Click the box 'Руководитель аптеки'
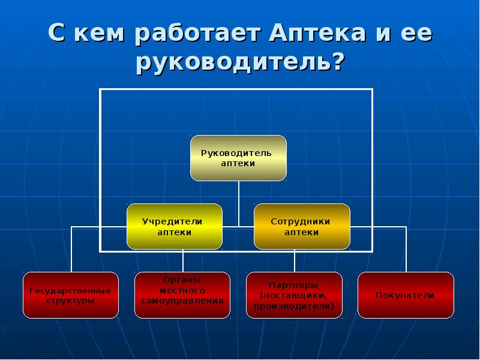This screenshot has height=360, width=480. (x=238, y=158)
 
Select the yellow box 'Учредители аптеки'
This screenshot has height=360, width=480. (x=175, y=226)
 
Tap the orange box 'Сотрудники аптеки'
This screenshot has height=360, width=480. (x=301, y=226)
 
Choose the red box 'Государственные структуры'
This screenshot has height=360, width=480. (x=70, y=295)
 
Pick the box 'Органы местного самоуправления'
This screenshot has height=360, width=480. (x=182, y=295)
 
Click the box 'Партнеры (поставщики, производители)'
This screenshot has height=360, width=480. (x=294, y=295)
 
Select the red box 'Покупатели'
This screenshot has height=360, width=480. (x=405, y=295)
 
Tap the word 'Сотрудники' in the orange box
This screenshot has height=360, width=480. (x=301, y=221)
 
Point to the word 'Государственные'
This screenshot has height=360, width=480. (x=70, y=290)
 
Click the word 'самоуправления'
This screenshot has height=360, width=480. (x=182, y=299)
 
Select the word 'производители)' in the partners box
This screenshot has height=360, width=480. (x=294, y=306)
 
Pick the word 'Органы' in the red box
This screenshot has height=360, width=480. (x=182, y=280)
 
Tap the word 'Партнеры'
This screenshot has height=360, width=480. (x=294, y=285)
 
